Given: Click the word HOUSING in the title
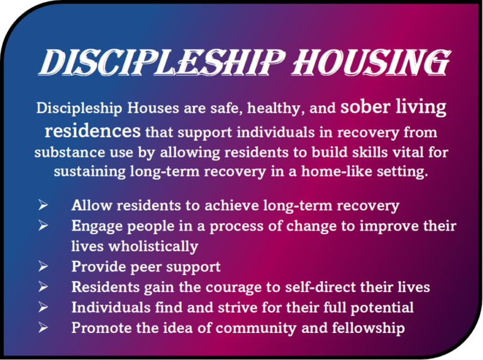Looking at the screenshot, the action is pyautogui.click(x=370, y=62).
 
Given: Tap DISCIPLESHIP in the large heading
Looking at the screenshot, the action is pyautogui.click(x=161, y=62).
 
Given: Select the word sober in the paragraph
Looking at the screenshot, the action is pyautogui.click(x=365, y=106).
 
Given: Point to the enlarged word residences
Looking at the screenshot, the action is pyautogui.click(x=92, y=131).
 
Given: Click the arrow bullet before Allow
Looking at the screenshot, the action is pyautogui.click(x=43, y=205).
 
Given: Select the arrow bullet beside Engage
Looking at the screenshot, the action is pyautogui.click(x=43, y=225).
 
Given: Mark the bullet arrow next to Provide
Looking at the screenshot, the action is pyautogui.click(x=43, y=266).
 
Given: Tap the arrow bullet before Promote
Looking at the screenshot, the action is pyautogui.click(x=43, y=327).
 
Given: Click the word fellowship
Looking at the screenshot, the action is pyautogui.click(x=369, y=328).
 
